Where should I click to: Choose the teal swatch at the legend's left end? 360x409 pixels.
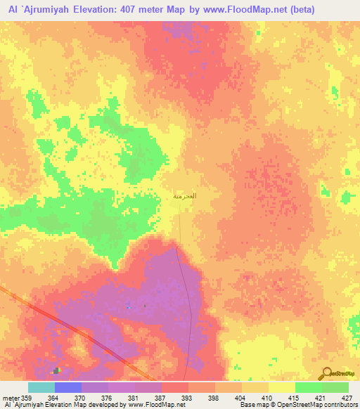pyautogui.click(x=41, y=387)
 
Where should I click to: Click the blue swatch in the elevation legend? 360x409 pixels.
pyautogui.click(x=68, y=387)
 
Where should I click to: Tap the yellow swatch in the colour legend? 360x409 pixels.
pyautogui.click(x=281, y=387)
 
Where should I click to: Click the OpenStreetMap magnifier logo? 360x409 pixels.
pyautogui.click(x=328, y=374)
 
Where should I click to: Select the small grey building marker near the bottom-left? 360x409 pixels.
pyautogui.click(x=56, y=370)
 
